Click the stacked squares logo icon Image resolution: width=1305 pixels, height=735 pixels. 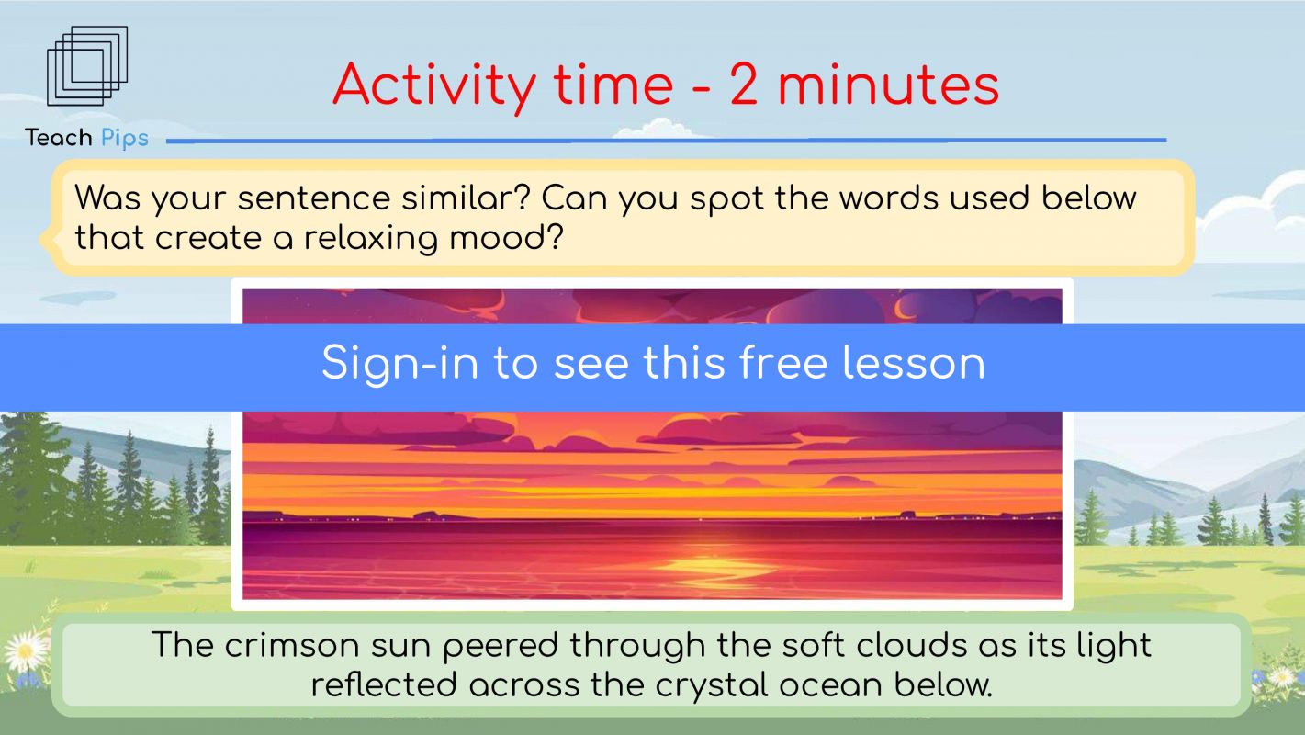[x=87, y=66]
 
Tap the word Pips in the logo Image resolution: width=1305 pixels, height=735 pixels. [x=125, y=139]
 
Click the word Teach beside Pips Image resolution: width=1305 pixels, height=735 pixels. [x=59, y=138]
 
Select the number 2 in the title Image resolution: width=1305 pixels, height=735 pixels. [x=744, y=85]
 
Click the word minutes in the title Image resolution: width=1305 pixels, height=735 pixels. [x=888, y=85]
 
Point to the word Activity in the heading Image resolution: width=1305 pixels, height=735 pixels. [x=434, y=86]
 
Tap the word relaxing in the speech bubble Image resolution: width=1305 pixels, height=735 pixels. [x=370, y=238]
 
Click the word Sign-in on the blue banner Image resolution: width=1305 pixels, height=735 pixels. [x=400, y=364]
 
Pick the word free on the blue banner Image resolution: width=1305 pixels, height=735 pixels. [x=783, y=363]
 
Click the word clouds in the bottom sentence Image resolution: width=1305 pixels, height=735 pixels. [x=906, y=645]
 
